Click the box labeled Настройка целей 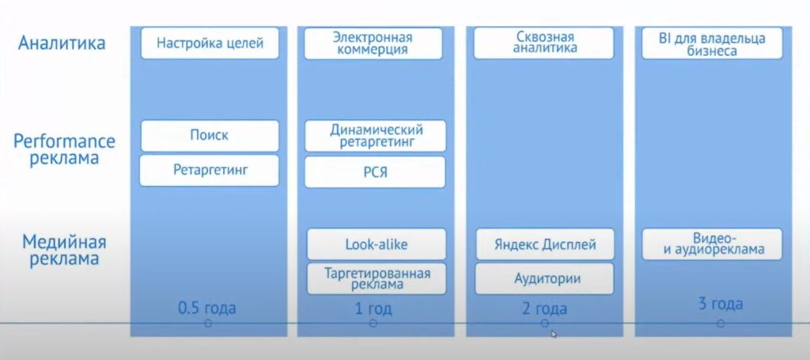tap(210, 43)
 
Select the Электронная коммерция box tap(376, 43)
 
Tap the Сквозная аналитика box tap(544, 43)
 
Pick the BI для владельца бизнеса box tap(713, 43)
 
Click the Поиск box tap(210, 135)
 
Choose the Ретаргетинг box tap(210, 170)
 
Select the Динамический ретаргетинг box tap(376, 135)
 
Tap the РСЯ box tap(376, 172)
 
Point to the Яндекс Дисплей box tap(544, 244)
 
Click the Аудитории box tap(544, 279)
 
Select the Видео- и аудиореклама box tap(713, 244)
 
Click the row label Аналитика tap(62, 43)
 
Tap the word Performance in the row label tap(64, 142)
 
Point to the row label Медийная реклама tap(64, 250)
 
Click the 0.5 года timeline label tap(207, 307)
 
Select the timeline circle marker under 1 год tap(373, 324)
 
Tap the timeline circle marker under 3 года tap(721, 324)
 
